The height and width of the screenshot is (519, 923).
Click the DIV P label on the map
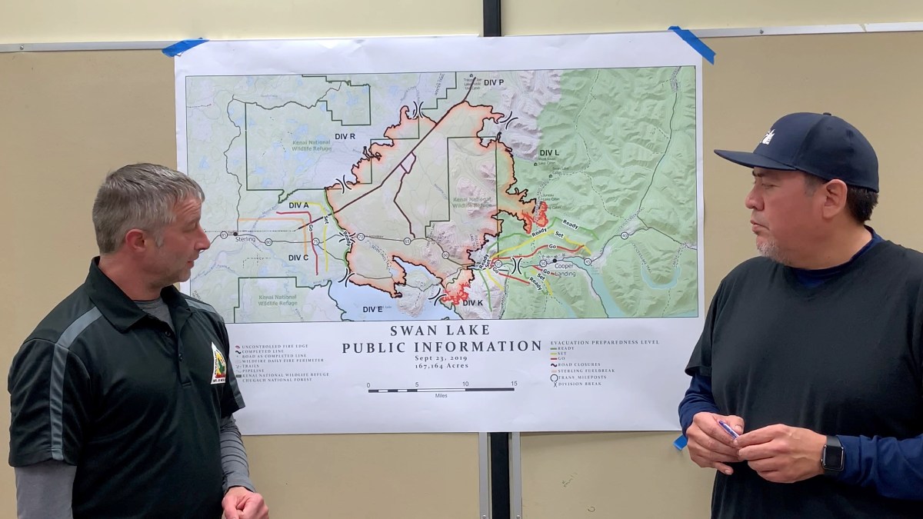tap(494, 82)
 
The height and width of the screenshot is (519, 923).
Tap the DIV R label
tap(345, 136)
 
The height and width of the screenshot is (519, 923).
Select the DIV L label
tap(549, 153)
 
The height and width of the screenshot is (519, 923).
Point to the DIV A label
tap(298, 205)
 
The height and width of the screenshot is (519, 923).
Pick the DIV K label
tap(472, 303)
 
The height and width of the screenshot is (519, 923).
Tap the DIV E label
tap(372, 309)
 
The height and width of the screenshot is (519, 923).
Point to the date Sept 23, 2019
tap(442, 358)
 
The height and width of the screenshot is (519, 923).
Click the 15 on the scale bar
tap(513, 384)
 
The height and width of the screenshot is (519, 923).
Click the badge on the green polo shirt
tap(218, 363)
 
